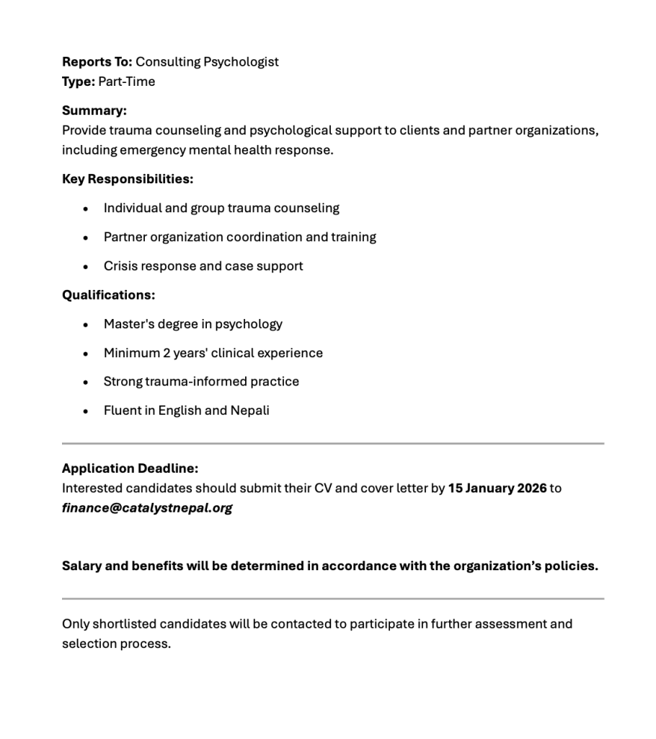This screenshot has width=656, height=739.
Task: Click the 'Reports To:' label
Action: click(97, 62)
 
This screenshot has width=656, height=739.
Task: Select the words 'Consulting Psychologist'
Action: click(207, 62)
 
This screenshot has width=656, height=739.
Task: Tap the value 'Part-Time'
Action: click(127, 82)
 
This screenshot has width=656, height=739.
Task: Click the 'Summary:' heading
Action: click(94, 111)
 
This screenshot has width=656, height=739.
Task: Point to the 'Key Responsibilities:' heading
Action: click(128, 179)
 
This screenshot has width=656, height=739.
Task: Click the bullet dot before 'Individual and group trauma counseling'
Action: click(86, 209)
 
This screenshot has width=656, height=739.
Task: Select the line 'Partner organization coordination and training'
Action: click(239, 237)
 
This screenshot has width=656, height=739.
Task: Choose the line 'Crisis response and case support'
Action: click(203, 266)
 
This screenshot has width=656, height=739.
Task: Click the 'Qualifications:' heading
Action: click(109, 295)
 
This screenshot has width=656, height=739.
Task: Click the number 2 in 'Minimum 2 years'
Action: click(167, 353)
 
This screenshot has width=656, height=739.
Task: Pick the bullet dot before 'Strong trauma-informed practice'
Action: click(86, 382)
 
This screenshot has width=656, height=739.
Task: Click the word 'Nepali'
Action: click(249, 411)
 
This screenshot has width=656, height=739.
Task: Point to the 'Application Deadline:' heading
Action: click(130, 468)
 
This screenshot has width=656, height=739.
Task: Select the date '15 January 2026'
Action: click(497, 489)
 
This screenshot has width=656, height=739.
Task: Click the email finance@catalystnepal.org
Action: click(147, 508)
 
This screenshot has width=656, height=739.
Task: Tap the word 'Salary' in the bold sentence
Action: click(81, 566)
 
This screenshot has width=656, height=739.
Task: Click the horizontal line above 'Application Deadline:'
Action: click(333, 443)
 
